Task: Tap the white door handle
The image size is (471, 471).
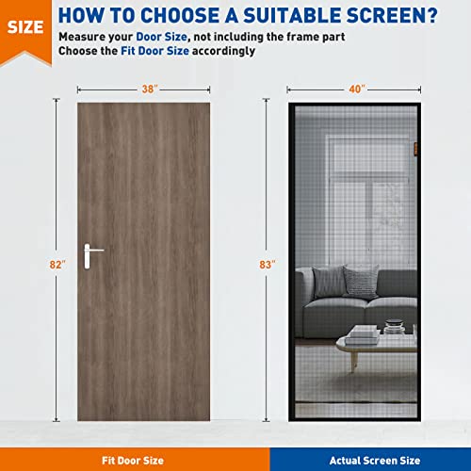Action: coord(91,252)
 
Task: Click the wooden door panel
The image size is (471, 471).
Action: coord(142,188)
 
